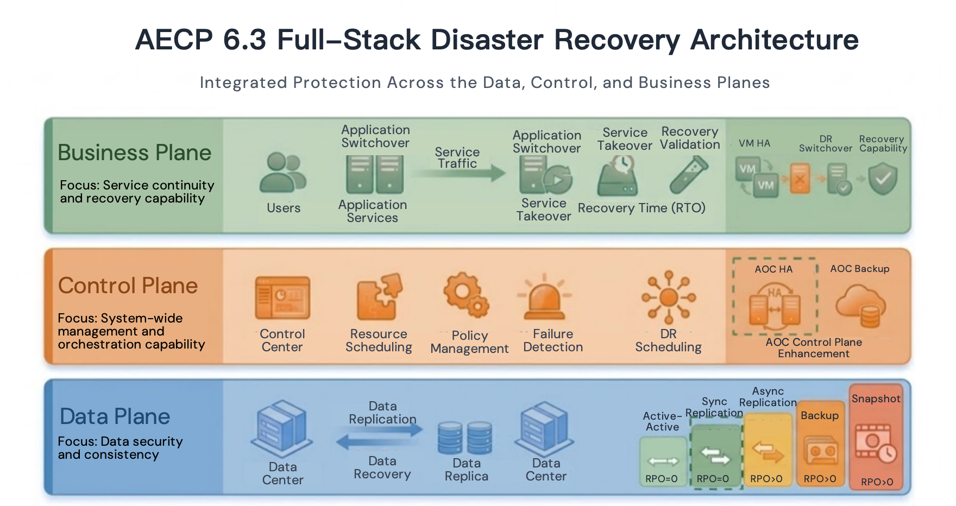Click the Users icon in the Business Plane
point(283,173)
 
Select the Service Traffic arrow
point(459,173)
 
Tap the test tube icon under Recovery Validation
point(689,175)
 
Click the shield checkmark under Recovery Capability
point(883,180)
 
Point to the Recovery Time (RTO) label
point(641,208)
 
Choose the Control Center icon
point(282,298)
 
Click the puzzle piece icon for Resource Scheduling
point(379,297)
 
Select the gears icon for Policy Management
point(466,295)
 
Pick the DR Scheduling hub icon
point(669,297)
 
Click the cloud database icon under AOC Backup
point(861,306)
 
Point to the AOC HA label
point(773,269)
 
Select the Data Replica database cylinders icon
point(465,438)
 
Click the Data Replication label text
point(382,413)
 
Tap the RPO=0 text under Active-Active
point(662,479)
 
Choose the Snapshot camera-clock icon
point(876,443)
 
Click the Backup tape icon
point(820,451)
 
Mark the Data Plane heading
point(115,416)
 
